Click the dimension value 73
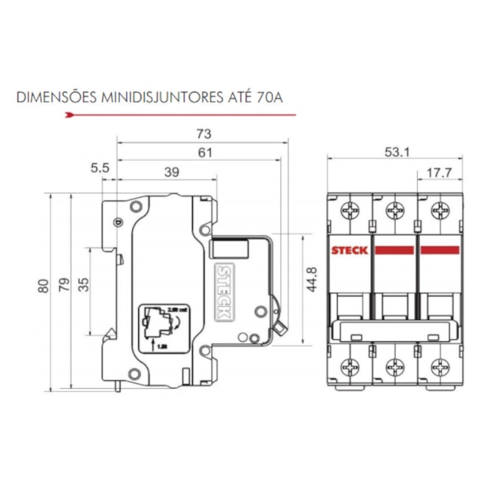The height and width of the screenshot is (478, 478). coord(204,134)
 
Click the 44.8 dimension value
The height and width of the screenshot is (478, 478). coord(312,280)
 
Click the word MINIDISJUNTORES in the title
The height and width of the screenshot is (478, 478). coord(151,96)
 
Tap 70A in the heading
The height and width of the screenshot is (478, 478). coord(269,96)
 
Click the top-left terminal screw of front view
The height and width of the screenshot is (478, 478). coord(350,210)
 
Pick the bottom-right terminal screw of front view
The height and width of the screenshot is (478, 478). coord(440,365)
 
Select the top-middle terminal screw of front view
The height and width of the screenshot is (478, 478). coord(395,210)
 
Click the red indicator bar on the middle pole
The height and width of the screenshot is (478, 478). coord(395,251)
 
